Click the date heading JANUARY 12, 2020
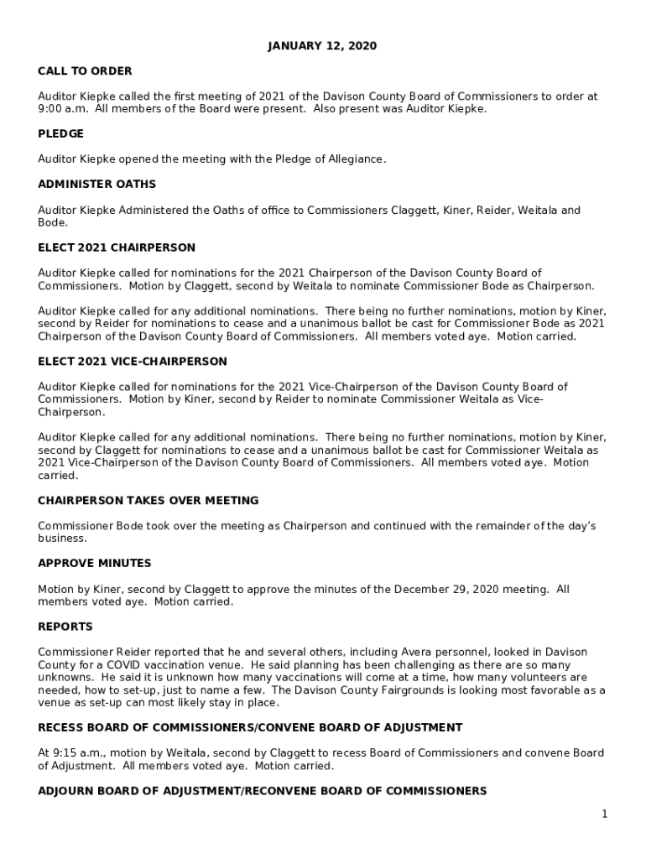click(322, 46)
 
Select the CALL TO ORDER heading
click(85, 71)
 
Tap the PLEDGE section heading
click(60, 133)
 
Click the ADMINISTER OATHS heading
click(96, 184)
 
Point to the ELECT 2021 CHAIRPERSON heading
click(117, 247)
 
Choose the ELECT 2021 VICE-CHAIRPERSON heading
click(133, 362)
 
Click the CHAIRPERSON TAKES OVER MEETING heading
click(148, 501)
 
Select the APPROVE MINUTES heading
click(95, 563)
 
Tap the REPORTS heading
click(65, 627)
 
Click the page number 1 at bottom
click(604, 814)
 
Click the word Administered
click(146, 211)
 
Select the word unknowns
click(65, 677)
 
